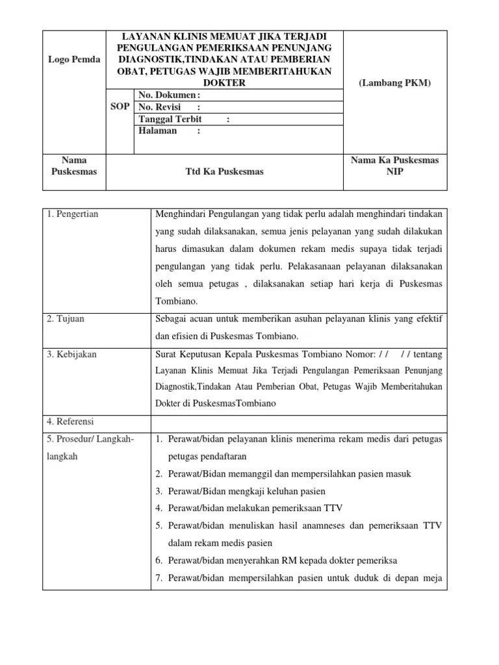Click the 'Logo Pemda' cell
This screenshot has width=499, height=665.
(73, 59)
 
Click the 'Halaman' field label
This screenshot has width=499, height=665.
(158, 131)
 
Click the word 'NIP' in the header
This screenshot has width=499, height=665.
(394, 171)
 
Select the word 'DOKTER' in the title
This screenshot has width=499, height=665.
(224, 84)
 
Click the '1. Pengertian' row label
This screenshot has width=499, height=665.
(73, 214)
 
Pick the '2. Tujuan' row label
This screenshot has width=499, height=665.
(66, 319)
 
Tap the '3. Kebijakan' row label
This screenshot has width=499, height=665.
(71, 354)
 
